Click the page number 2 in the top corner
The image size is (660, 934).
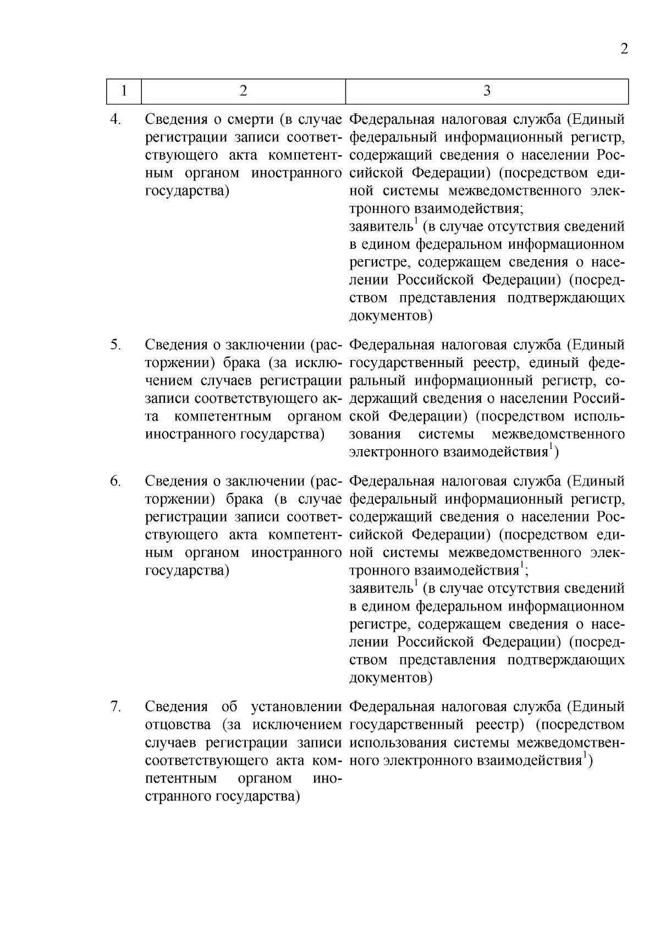click(624, 49)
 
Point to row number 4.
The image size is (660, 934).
click(115, 119)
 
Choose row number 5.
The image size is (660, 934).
click(115, 345)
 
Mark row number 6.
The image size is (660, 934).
click(115, 481)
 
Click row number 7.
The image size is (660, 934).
click(115, 707)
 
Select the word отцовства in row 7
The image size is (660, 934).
click(179, 725)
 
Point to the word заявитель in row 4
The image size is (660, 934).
click(381, 227)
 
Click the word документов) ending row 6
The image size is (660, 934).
click(391, 678)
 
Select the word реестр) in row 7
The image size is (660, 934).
click(497, 725)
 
